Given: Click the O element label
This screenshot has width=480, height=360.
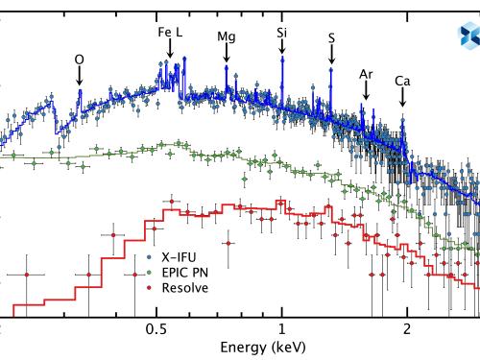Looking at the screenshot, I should click(79, 59).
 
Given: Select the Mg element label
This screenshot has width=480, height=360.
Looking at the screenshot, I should click(227, 36).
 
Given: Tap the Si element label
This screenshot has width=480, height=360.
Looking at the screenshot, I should click(281, 32).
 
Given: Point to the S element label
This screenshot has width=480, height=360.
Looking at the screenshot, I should click(331, 38).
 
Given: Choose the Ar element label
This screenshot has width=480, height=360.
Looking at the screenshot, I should click(366, 73).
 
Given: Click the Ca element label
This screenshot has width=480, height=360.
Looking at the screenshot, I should click(403, 83).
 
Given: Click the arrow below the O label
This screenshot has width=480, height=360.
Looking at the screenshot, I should click(79, 77).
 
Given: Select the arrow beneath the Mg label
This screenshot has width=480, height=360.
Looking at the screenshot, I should click(227, 54).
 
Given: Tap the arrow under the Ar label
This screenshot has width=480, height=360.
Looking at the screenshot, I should click(366, 90).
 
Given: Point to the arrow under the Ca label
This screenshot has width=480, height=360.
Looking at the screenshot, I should click(403, 100).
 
